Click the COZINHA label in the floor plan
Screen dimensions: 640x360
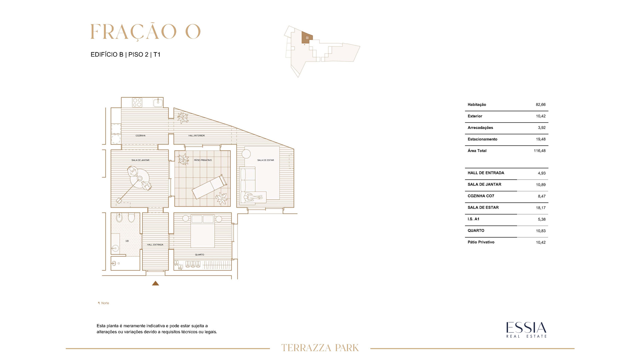(x=140, y=136)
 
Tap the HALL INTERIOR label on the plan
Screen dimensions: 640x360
(x=196, y=136)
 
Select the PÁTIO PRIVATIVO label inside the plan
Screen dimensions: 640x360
(x=203, y=160)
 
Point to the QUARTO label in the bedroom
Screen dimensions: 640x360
(x=200, y=255)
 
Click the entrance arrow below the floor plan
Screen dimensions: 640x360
(x=155, y=283)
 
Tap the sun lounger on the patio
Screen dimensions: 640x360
(x=209, y=187)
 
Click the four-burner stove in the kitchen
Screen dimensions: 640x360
(x=137, y=102)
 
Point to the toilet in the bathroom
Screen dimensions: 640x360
(x=131, y=218)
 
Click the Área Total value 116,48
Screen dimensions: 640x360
(x=540, y=151)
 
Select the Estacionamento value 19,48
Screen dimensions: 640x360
(x=541, y=139)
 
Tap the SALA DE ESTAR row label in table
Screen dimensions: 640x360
(x=483, y=207)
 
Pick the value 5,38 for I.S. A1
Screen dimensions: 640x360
(x=542, y=219)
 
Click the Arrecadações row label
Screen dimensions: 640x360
(x=480, y=128)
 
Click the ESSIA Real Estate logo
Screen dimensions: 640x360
(x=526, y=330)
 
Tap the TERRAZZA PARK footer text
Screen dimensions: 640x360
(x=320, y=348)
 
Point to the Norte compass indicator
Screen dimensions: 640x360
(x=103, y=303)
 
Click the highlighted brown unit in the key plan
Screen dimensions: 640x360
(x=307, y=38)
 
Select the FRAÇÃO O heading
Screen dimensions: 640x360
(x=146, y=32)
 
